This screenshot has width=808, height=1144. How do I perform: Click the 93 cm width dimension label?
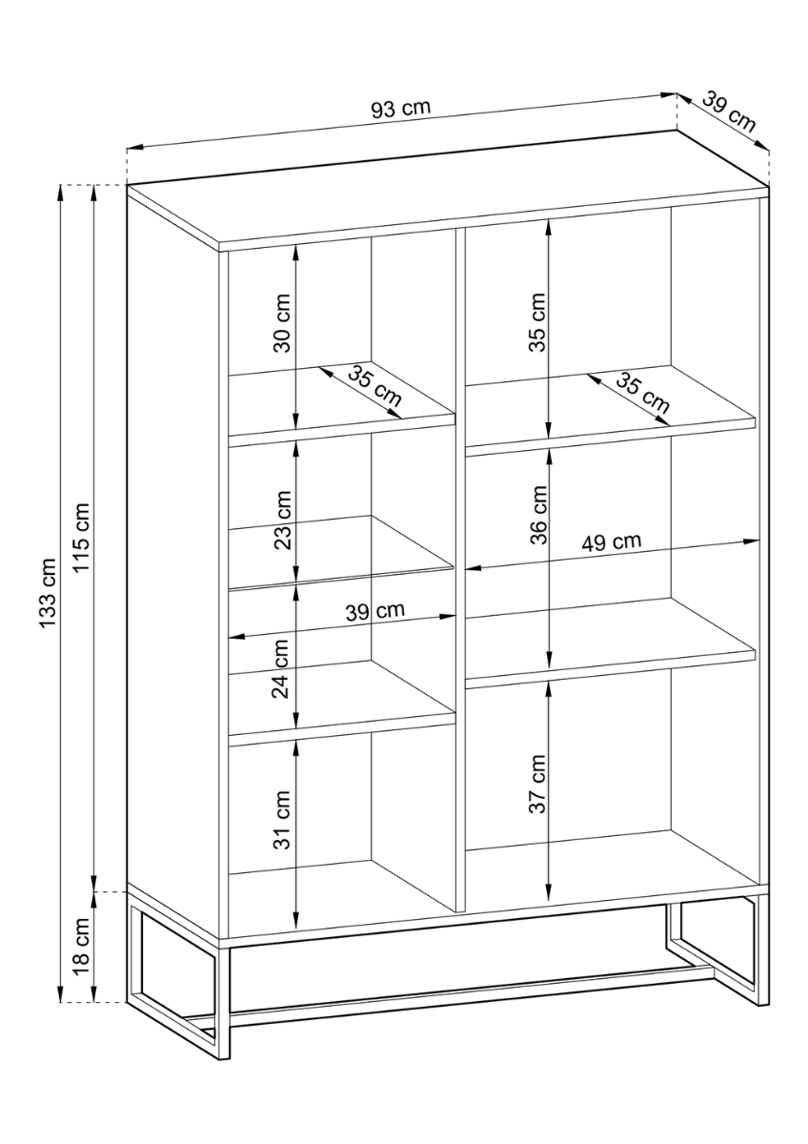pos(401,109)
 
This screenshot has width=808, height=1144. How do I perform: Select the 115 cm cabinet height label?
pos(81,538)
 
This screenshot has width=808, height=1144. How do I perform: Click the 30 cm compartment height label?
pos(282,323)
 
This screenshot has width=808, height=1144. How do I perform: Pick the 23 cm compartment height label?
pos(282,521)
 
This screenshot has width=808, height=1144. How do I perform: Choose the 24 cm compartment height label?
pos(281,669)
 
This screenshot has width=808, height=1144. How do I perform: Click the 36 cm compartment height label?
pos(538,516)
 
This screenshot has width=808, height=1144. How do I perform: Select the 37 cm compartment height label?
pos(537,784)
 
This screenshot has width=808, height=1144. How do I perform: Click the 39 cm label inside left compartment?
pos(375,611)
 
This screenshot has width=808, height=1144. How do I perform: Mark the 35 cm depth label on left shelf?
pos(374,387)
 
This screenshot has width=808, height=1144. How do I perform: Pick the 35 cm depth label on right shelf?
pos(642,393)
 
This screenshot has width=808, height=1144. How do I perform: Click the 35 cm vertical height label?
pos(537,323)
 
